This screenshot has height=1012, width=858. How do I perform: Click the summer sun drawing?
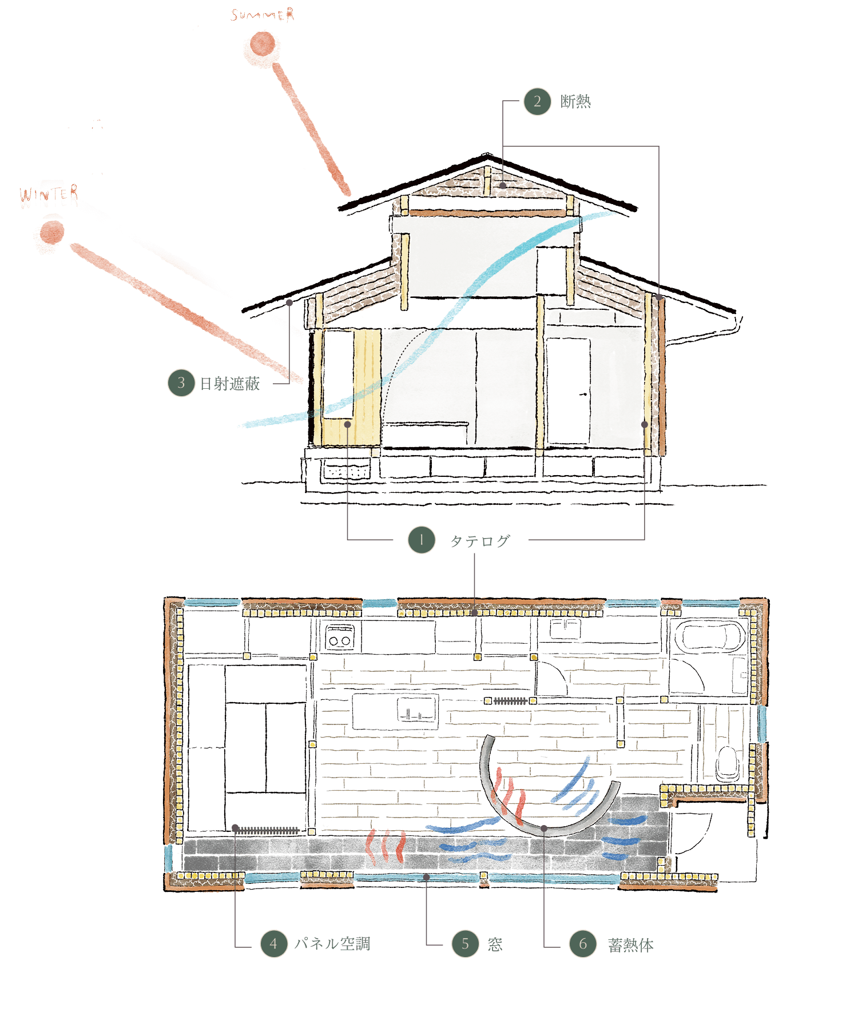pos(262,49)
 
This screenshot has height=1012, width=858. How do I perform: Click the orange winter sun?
pos(50,234)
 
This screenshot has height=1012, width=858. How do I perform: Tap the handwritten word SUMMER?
pos(263,15)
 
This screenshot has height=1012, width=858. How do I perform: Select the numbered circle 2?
pos(537,102)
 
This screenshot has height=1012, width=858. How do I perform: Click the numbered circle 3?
pos(181,383)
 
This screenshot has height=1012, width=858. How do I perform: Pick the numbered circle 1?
pos(422,540)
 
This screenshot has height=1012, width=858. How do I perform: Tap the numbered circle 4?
pos(273,944)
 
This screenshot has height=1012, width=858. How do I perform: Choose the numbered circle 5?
pos(465,944)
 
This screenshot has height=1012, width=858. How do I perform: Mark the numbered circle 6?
pos(582,944)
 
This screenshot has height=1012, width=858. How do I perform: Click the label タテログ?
pos(479,541)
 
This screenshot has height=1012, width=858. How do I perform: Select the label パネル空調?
pos(332,944)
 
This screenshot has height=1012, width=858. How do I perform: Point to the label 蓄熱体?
pos(630,945)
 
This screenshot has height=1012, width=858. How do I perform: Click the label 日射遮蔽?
pos(229,383)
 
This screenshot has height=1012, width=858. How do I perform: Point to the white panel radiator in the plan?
pos(266,831)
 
